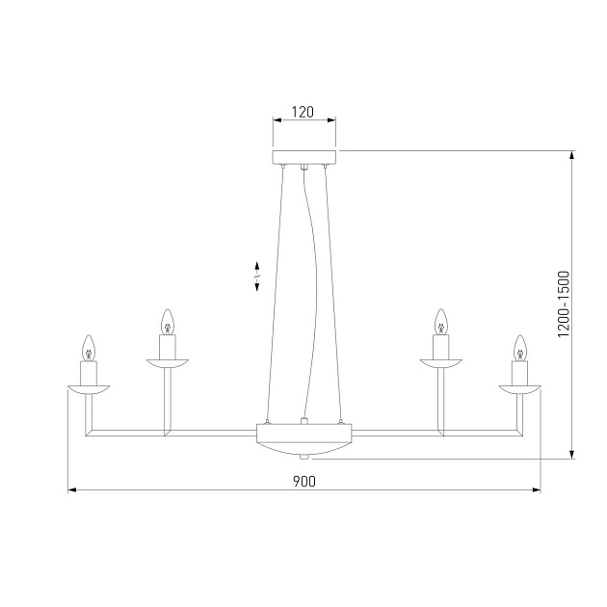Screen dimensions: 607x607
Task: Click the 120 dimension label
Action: point(303,112)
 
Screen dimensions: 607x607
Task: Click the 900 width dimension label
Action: point(303,480)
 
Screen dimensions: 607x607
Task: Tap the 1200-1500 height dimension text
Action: point(566,303)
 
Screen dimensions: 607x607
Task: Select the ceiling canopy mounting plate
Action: point(303,158)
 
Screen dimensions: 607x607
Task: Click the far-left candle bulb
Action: point(89,347)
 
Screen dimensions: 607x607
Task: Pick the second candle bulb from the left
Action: point(167,321)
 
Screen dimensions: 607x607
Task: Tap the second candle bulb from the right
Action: point(441,321)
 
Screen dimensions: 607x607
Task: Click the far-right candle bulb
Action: point(519,347)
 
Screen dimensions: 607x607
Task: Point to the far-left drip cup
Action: point(89,389)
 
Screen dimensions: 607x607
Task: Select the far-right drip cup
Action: point(519,389)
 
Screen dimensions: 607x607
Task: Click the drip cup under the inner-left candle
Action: point(167,362)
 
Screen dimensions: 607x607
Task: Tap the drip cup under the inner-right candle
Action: point(441,362)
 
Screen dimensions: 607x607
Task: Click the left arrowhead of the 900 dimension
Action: point(72,490)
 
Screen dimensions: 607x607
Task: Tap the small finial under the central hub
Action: point(303,457)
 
